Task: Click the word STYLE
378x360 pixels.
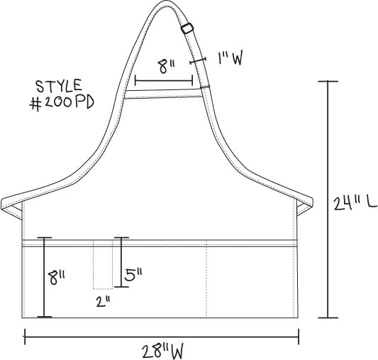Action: point(60,86)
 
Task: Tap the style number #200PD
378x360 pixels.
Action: point(62,103)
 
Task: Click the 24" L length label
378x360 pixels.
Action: point(355,203)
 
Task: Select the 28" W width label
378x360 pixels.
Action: point(162,351)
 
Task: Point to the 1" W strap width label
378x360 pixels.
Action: point(230,58)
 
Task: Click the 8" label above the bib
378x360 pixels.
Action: point(167,66)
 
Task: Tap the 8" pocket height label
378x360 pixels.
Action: point(57,278)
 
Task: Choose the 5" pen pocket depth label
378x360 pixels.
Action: point(133,275)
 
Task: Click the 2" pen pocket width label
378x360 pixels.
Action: point(103,302)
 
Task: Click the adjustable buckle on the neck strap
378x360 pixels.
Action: point(187,28)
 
